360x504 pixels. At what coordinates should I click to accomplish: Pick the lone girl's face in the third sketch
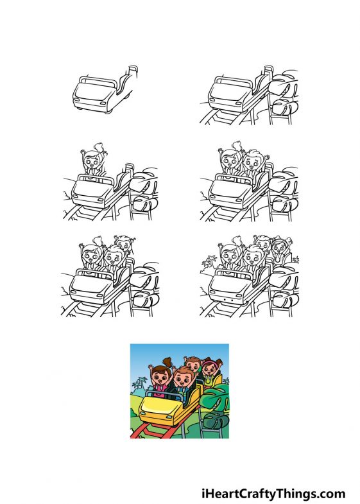[95, 162]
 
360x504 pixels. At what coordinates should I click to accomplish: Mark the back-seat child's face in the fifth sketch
[123, 246]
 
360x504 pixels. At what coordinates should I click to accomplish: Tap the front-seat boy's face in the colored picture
[183, 379]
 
